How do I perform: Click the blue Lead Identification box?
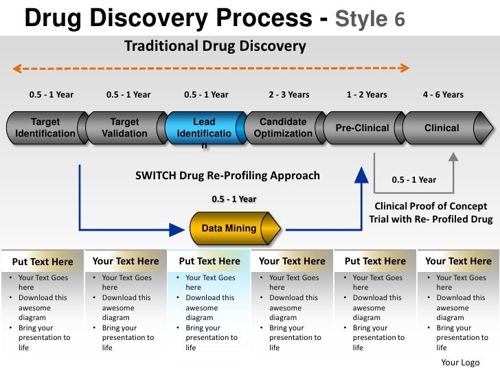point(205,128)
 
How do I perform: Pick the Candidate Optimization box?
point(283,128)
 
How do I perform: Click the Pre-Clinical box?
point(362,128)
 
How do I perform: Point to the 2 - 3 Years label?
point(289,95)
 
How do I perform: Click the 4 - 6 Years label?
point(443,95)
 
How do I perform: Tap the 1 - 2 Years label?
point(367,95)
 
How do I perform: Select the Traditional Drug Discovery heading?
point(214,47)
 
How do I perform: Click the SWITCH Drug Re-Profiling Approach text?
point(227,176)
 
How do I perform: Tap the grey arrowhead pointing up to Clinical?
point(453,157)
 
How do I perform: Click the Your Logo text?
point(460,363)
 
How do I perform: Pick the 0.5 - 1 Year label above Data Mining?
point(234,199)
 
